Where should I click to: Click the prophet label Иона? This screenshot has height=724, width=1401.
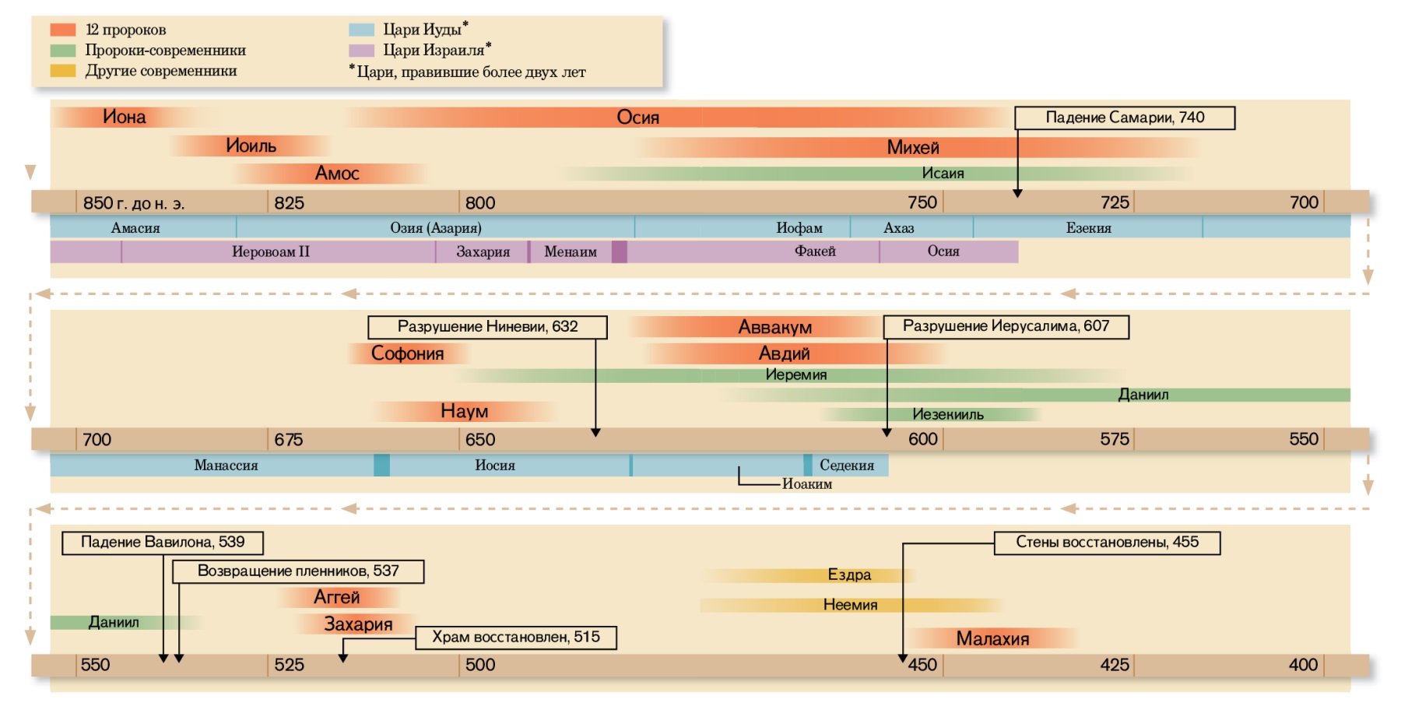(125, 117)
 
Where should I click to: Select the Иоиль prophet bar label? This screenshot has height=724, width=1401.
(251, 146)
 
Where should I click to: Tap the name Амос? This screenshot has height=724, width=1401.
(337, 174)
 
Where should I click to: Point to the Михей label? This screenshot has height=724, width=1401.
(913, 147)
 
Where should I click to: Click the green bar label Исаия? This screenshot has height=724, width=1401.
(943, 174)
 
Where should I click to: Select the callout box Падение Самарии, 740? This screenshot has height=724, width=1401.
(1125, 118)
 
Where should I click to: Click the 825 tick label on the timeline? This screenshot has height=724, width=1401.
(289, 203)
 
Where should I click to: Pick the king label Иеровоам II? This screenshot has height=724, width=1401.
(270, 251)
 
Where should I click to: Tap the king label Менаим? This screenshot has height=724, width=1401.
(571, 251)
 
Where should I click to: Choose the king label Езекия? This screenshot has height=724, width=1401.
(1088, 228)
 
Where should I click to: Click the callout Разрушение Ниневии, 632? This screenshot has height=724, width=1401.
(487, 327)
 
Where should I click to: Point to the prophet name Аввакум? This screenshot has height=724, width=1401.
(774, 327)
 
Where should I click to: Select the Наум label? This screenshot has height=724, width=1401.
(464, 411)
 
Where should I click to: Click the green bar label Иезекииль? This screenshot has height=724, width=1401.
(947, 415)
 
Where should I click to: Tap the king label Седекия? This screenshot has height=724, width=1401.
(847, 466)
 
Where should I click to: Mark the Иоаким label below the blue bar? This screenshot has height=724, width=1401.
(807, 484)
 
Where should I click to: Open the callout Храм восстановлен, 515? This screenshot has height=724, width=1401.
(516, 638)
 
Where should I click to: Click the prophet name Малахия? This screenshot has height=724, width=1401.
(992, 639)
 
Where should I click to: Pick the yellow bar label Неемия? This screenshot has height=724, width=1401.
(850, 605)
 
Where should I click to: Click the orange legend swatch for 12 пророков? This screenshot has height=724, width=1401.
(63, 30)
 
